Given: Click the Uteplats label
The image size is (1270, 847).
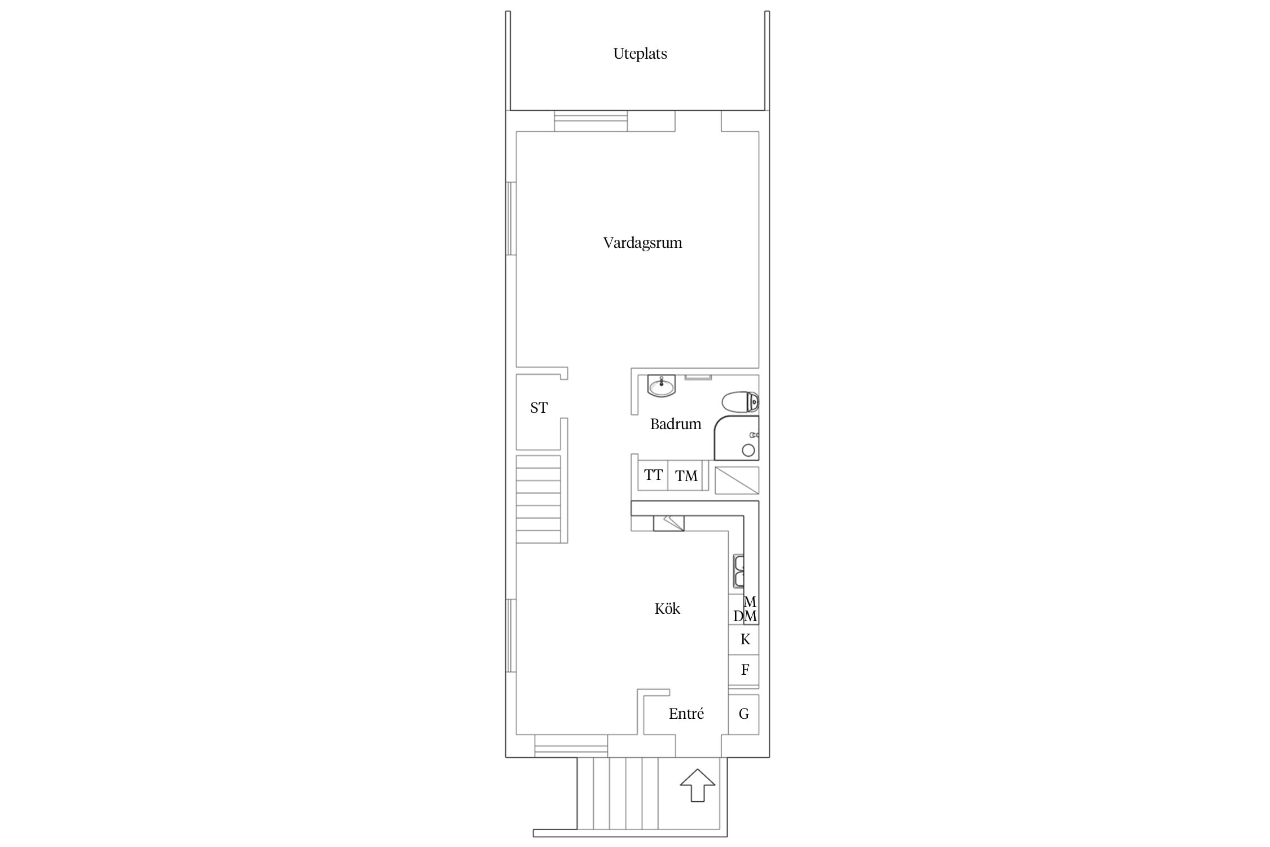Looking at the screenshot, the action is point(640,54).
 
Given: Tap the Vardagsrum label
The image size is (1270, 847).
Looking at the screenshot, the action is point(642,243).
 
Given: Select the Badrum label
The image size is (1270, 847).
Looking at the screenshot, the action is point(676,424).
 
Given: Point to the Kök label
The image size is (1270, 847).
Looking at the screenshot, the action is point(667,608).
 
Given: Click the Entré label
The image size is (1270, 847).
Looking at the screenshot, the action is point(686,714).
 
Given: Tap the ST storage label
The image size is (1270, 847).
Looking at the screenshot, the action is point(539,408).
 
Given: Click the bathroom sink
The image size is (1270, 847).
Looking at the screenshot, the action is point(661,386).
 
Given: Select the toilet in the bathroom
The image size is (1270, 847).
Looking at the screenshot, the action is point(740,403).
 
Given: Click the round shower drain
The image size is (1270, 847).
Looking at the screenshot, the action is point(748,450).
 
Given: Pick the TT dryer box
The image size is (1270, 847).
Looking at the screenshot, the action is point(653,475).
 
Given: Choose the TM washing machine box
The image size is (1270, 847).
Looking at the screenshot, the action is point(685,475).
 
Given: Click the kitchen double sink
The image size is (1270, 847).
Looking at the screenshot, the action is point(738,571).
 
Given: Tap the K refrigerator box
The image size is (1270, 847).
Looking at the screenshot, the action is point(743,639).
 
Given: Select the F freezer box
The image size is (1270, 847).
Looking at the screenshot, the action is point(743,670).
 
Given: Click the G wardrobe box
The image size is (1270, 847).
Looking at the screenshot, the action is point(743,714).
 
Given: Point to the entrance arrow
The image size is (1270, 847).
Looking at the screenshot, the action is point(698,785).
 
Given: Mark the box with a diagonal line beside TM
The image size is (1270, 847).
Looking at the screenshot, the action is point(737,480).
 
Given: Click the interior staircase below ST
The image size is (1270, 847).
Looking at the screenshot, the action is point(538,499).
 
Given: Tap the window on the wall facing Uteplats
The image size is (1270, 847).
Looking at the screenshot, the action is point(590,121).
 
